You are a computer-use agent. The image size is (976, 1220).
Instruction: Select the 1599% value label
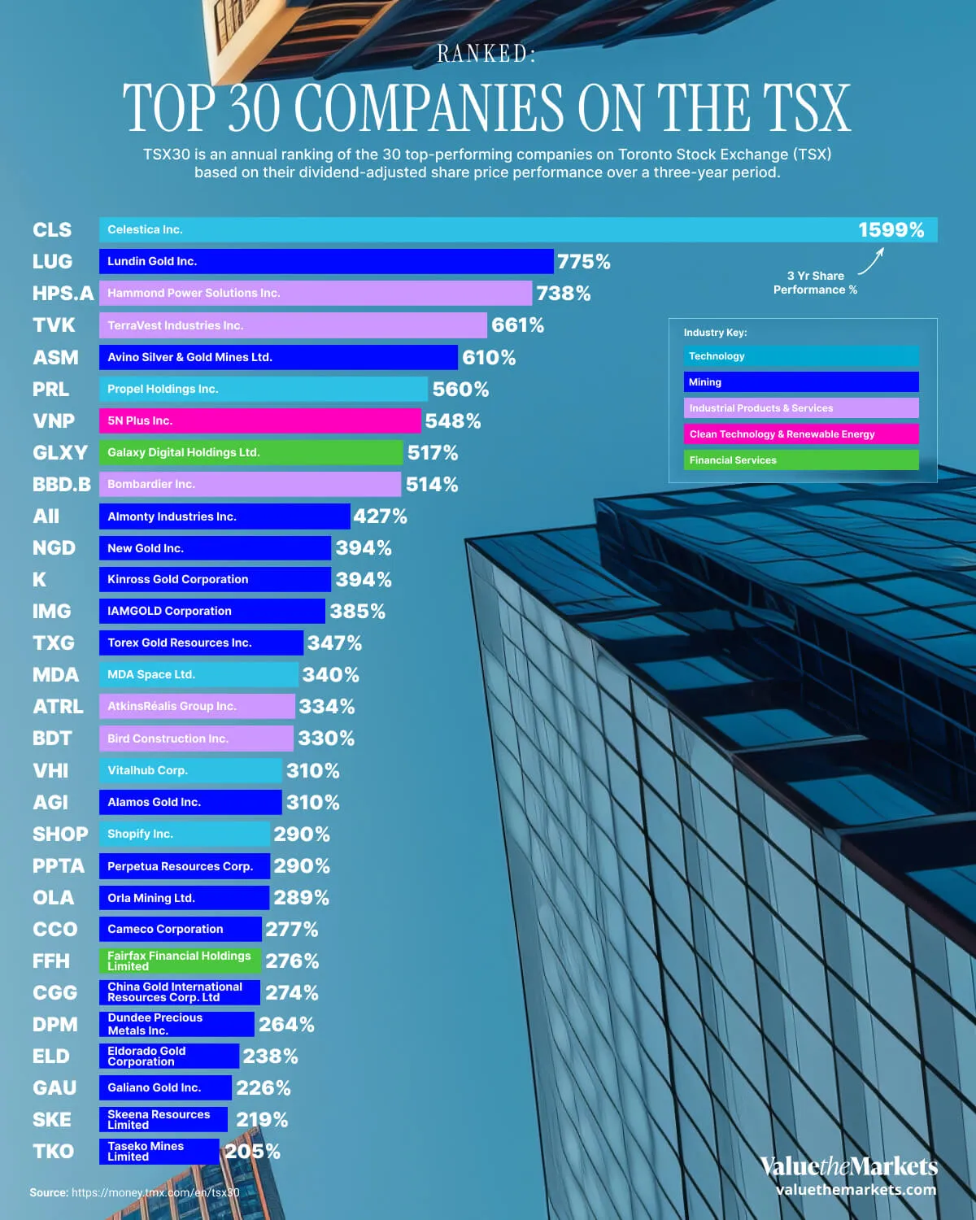[x=891, y=230]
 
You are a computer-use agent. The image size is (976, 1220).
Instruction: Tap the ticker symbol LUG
[x=52, y=261]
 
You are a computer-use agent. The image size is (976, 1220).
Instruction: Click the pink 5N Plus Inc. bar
[x=260, y=420]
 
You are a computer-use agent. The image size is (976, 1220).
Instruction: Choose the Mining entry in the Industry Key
[x=801, y=382]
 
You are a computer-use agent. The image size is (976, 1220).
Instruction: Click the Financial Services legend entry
[x=801, y=460]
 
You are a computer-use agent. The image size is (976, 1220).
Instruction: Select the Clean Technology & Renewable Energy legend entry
[x=801, y=434]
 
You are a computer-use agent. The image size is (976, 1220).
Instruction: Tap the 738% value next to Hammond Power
[x=563, y=294]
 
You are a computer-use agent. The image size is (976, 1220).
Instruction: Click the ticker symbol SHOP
[x=60, y=834]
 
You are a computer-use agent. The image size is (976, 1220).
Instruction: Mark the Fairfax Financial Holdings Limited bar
[x=180, y=961]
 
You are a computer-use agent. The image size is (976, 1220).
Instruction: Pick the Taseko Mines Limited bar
[x=159, y=1151]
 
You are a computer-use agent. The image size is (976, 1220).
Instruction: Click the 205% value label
[x=252, y=1152]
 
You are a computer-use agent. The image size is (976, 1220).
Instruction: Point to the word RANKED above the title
[x=486, y=54]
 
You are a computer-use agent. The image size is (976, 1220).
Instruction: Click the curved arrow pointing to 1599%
[x=871, y=261]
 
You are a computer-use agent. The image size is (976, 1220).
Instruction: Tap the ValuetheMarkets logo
[x=848, y=1167]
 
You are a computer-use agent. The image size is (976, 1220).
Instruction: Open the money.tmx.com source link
[x=155, y=1192]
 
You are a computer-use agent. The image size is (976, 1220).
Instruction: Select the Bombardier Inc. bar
[x=250, y=484]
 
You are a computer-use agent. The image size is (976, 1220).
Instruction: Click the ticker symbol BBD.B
[x=61, y=485]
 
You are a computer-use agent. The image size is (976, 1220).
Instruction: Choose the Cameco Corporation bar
[x=180, y=929]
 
